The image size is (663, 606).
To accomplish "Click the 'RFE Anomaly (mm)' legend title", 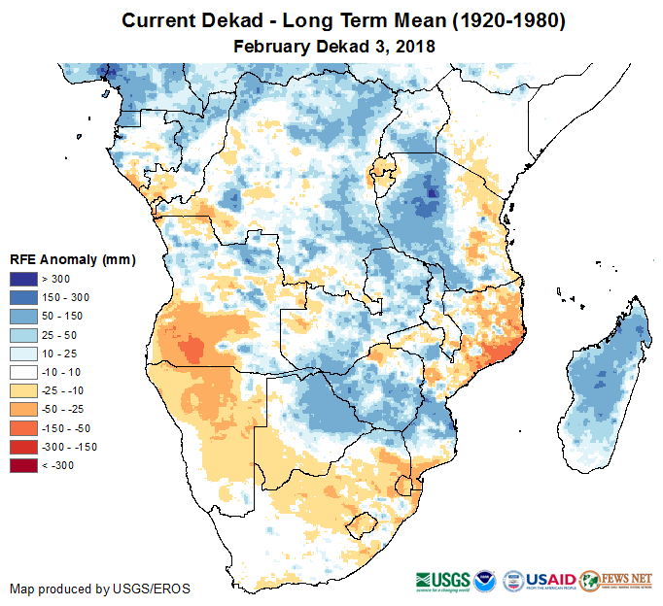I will (x=72, y=260).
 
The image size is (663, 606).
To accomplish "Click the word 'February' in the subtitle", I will (x=270, y=46).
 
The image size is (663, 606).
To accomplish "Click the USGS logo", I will (x=442, y=580).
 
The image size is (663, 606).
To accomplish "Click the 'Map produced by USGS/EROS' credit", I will (x=100, y=589).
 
